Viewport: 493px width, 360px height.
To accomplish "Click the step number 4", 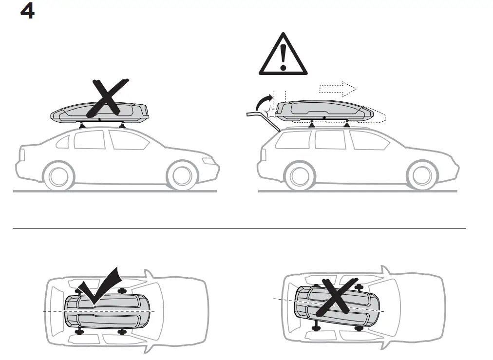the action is coord(27,12).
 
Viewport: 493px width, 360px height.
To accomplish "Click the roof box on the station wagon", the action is coord(324,112).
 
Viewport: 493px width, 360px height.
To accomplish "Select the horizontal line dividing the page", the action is coord(239,228).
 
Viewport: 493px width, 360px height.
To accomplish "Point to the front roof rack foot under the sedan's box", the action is coord(122,125).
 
